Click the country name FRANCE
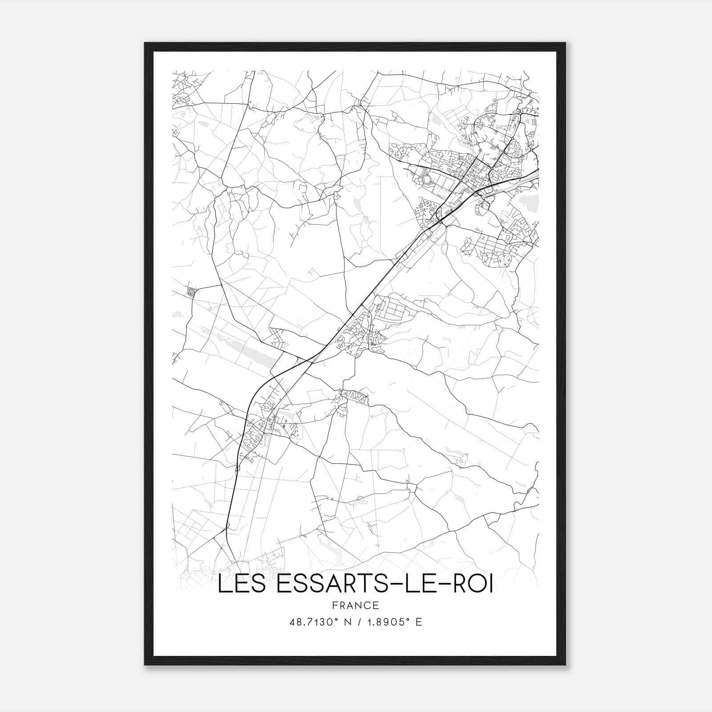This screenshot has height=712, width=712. click(x=355, y=605)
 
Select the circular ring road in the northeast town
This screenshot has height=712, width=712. click(x=427, y=180)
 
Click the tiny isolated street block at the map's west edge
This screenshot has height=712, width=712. click(x=192, y=292)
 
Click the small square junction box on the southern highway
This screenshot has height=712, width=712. click(x=237, y=468)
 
